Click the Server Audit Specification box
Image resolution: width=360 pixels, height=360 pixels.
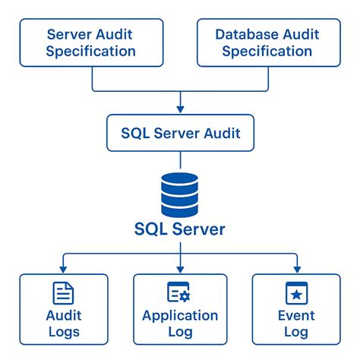pos(91,43)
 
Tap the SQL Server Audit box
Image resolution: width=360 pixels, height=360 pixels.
pos(181,133)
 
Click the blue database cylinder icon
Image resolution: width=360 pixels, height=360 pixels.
pos(180,194)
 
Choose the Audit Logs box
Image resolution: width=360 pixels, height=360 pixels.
pos(63,311)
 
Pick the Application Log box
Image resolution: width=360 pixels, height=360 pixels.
pos(180,311)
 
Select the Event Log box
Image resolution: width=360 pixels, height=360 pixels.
pos(295,311)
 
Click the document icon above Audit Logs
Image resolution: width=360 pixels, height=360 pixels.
pos(63,293)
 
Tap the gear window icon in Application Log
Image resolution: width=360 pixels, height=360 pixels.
pos(179,293)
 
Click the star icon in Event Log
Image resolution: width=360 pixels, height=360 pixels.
pos(295,293)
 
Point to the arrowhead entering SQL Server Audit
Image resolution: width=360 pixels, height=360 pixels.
pos(180,110)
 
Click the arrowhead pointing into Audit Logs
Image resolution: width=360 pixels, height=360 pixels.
pos(63,269)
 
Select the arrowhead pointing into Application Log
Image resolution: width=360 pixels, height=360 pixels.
pos(180,269)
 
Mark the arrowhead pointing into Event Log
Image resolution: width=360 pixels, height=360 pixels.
pos(295,269)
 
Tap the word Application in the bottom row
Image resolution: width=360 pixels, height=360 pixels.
pos(180,316)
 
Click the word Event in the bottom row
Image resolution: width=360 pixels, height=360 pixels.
pos(295,316)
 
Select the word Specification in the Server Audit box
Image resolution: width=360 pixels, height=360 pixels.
pos(91,52)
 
